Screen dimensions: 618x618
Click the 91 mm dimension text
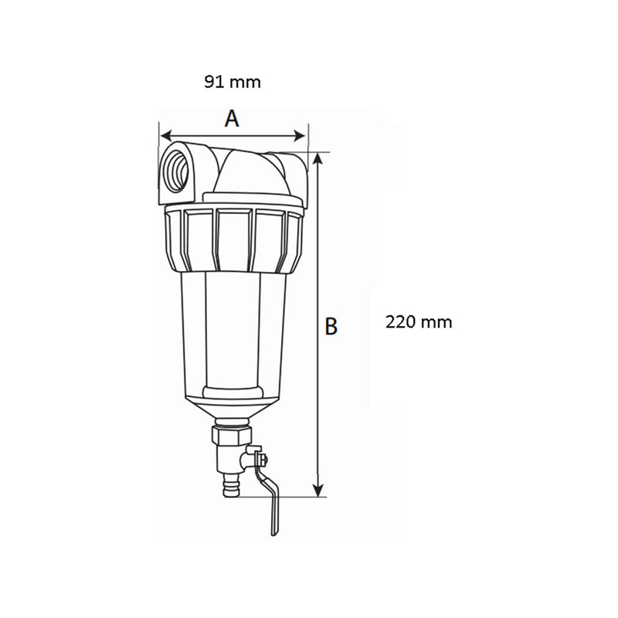point(233,82)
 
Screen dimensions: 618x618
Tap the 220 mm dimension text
point(419,322)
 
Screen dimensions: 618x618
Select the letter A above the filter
point(233,118)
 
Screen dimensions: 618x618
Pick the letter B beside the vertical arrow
point(331,326)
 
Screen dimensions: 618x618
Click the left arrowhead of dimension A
point(166,136)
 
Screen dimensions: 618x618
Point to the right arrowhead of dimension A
point(301,136)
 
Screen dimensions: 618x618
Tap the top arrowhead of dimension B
point(318,159)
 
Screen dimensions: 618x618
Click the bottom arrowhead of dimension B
point(318,491)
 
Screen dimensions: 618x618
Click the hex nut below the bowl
point(231,435)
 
